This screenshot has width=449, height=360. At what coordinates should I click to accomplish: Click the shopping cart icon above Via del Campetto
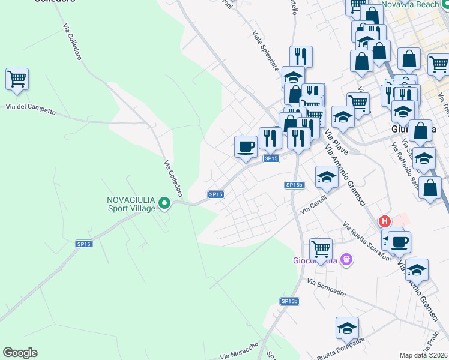click(x=17, y=79)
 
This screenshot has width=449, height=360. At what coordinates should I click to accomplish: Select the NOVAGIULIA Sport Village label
click(x=131, y=204)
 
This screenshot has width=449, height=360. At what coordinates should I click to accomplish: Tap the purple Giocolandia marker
click(x=345, y=260)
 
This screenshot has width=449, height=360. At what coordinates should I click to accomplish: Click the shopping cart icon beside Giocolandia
click(x=321, y=248)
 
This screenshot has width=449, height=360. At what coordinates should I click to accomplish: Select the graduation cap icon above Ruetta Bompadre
click(x=347, y=328)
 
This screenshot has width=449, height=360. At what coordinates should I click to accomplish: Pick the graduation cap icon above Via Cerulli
click(x=327, y=178)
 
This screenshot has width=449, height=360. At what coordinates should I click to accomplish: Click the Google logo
click(x=20, y=353)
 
